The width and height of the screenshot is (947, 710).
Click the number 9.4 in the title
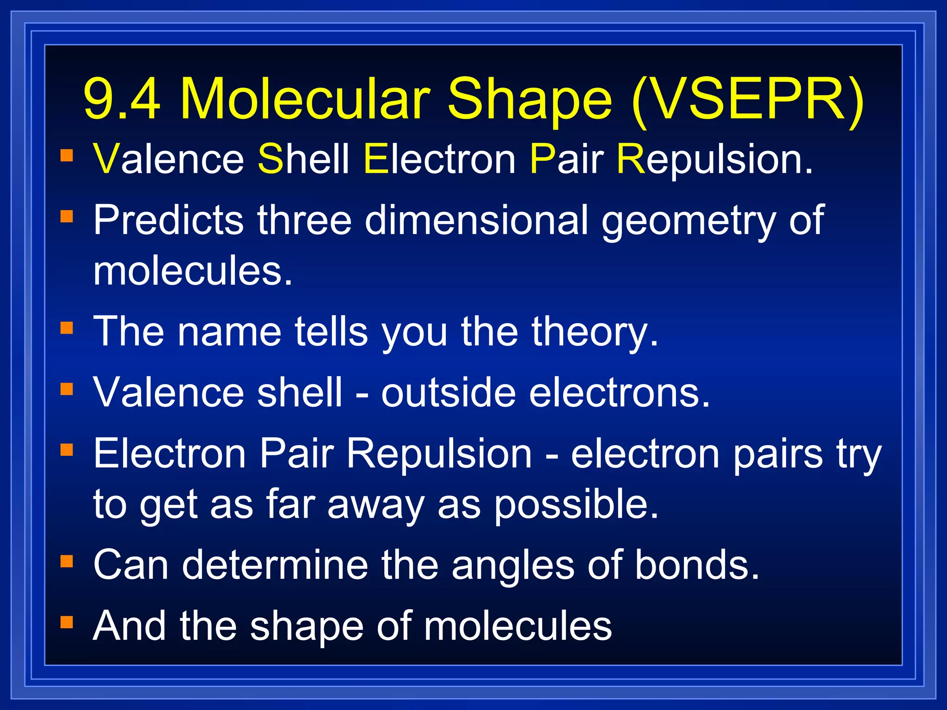tap(122, 98)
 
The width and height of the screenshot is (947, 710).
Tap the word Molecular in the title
tap(305, 98)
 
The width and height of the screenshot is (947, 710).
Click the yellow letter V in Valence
tap(106, 159)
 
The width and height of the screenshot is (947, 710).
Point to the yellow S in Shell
tap(271, 159)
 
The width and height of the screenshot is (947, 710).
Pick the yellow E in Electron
tap(375, 159)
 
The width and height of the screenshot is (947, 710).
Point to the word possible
tap(575, 505)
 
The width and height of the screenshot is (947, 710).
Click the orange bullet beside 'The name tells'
tap(67, 328)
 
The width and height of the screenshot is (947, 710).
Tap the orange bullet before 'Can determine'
tap(67, 561)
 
